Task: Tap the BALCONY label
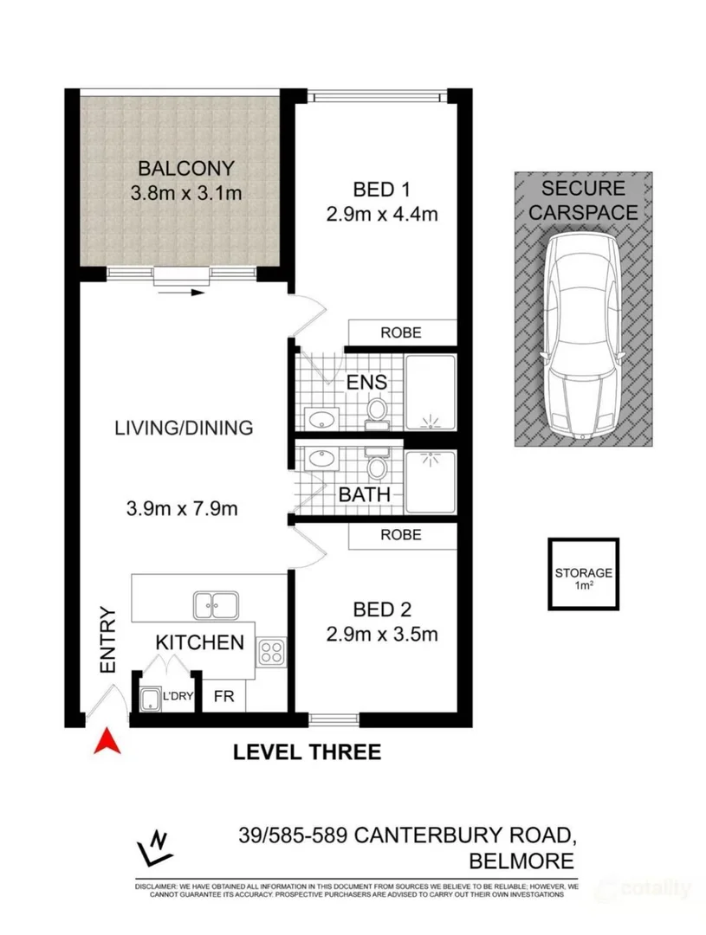coord(177,168)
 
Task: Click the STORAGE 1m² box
coord(583,577)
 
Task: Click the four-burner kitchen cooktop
coord(271,649)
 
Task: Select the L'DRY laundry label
coord(177,695)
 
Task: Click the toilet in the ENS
coord(378,412)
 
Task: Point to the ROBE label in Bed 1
coord(401,332)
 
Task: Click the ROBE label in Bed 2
coord(401,535)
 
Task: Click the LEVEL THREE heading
coord(307,751)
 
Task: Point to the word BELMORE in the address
coord(520,861)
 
